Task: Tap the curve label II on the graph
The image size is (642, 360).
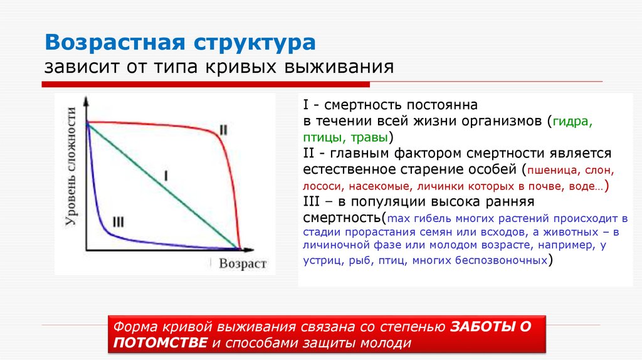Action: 223,130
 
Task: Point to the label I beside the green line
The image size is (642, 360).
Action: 166,176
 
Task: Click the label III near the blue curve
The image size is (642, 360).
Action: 118,221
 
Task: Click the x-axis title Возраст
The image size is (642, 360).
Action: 243,263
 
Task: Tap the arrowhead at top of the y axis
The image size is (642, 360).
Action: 87,100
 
